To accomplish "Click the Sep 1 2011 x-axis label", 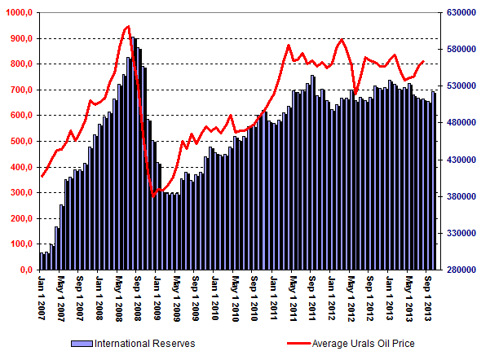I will click(x=312, y=301).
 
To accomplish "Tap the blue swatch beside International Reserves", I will click(x=82, y=343).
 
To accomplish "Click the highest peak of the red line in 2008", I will click(x=129, y=26).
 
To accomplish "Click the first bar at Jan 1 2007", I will click(x=41, y=261).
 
